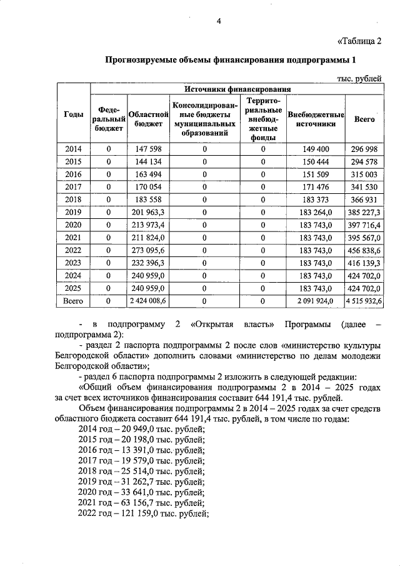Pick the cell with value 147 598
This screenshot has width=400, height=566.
149,148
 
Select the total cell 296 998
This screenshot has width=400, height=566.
364,148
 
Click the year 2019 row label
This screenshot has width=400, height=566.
74,212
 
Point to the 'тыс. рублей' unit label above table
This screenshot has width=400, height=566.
359,78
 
